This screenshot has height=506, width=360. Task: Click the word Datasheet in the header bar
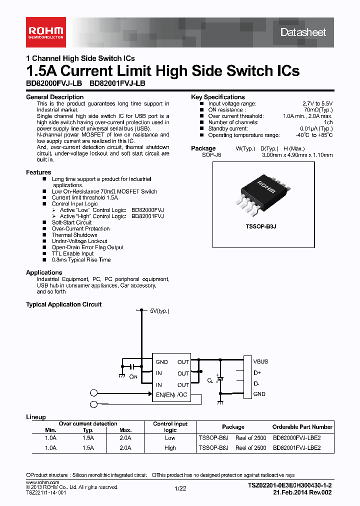tap(303, 32)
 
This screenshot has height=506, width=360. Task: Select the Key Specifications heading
tap(218, 97)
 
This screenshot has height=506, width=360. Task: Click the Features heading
tap(38, 172)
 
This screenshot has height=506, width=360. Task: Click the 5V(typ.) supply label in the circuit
tap(159, 310)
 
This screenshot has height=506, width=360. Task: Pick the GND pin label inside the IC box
tap(161, 362)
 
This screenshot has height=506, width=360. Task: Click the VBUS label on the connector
tap(260, 361)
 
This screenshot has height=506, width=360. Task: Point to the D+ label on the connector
tap(257, 372)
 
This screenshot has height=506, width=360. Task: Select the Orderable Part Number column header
tap(302, 427)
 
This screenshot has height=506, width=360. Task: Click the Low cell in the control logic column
tap(170, 437)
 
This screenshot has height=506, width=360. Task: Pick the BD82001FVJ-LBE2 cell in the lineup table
tap(296, 448)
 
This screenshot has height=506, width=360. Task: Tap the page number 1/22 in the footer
tap(180, 489)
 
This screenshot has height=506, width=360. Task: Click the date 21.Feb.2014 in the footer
tap(290, 492)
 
